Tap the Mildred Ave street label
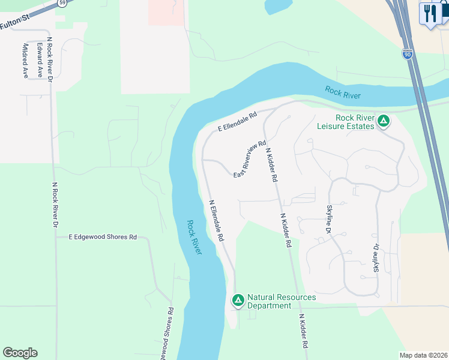25,61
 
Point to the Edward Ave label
40,59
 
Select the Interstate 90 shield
408,55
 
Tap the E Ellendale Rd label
237,121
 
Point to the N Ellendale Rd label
217,220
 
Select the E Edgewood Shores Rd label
103,237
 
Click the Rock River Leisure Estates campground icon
384,122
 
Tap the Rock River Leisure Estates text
346,121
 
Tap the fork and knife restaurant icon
430,13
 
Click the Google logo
20,353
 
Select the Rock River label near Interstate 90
343,92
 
